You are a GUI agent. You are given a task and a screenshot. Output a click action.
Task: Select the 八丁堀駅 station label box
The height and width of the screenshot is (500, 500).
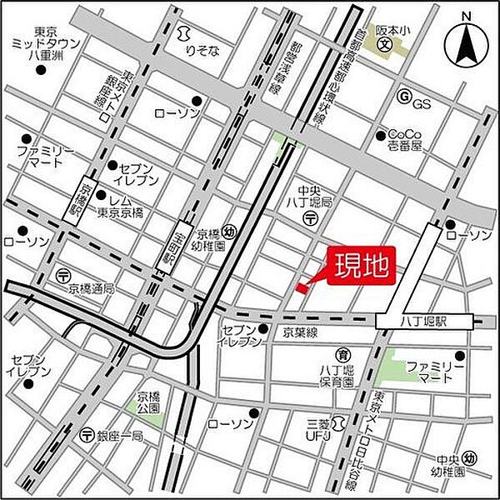(425, 320)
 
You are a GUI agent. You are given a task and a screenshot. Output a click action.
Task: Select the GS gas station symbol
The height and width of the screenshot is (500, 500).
(405, 97)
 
